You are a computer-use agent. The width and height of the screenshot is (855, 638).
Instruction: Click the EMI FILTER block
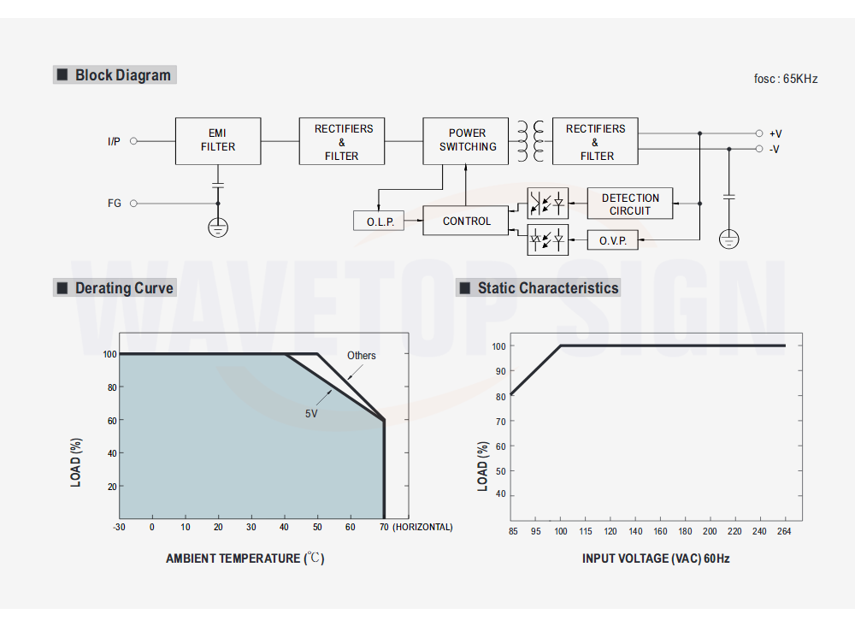coord(218,140)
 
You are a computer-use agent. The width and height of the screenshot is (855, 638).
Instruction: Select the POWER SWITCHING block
coord(467,140)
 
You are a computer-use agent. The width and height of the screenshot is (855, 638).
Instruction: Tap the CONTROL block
coord(466,221)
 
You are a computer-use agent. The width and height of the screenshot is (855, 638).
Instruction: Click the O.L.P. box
coord(379,222)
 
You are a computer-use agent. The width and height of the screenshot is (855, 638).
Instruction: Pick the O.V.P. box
coord(612,240)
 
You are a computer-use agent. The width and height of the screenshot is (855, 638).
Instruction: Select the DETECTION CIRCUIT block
coord(629,204)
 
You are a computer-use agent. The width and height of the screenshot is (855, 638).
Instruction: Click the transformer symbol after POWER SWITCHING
coord(530,141)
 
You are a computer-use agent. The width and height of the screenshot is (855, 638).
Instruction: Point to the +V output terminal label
coord(775,133)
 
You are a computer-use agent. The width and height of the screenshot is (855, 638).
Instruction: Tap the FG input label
coord(115,204)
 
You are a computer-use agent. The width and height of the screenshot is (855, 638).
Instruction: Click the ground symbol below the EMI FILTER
coord(217,227)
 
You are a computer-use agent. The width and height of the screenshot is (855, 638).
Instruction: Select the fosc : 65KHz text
coord(786,79)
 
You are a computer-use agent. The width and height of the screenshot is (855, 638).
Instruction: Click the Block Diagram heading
coord(122,75)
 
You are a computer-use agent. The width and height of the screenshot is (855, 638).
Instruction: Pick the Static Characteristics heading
coord(547,288)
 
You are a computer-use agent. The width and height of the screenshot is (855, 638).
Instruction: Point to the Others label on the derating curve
coord(361,356)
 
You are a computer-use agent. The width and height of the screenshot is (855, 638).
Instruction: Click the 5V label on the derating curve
coord(311,413)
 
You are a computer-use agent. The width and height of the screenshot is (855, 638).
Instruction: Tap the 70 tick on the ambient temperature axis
coord(383,527)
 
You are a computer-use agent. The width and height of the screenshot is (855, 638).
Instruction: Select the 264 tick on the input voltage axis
coord(784,531)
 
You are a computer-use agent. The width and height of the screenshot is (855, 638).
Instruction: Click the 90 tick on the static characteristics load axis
coord(498,371)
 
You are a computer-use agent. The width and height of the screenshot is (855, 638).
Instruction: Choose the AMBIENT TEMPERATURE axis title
coord(245,558)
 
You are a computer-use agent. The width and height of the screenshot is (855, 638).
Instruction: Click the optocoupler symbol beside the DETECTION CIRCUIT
coord(547,204)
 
